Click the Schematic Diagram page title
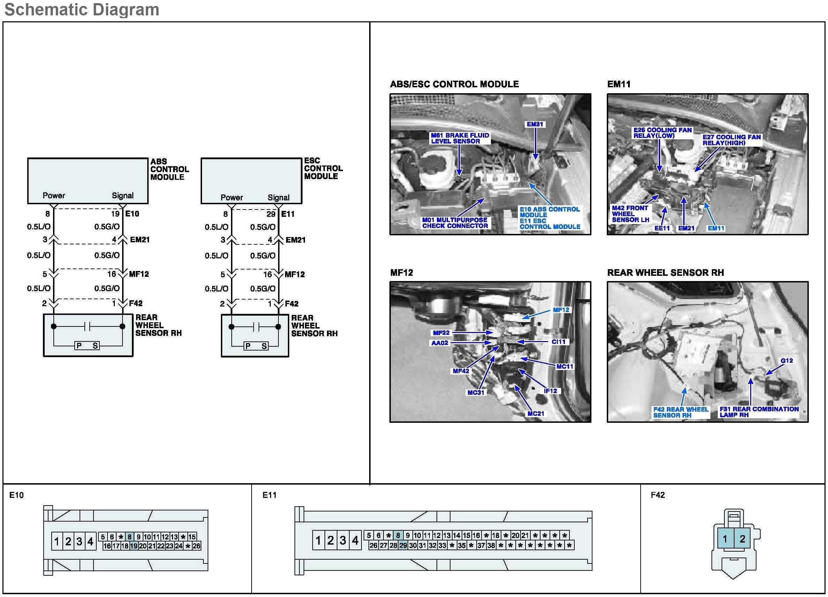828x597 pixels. click(81, 9)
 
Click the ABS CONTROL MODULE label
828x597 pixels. click(169, 169)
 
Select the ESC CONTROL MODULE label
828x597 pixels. click(323, 168)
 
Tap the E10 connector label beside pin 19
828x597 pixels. click(132, 214)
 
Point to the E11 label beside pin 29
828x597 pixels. click(288, 214)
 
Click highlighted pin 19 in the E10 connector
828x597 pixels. click(134, 546)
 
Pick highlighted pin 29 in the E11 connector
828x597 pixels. click(403, 545)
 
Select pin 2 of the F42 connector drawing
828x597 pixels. click(742, 539)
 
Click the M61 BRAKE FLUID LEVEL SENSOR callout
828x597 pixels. click(460, 138)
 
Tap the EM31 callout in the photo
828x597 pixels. click(535, 124)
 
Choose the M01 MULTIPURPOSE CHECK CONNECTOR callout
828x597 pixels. click(455, 223)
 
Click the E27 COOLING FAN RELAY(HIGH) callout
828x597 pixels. click(731, 140)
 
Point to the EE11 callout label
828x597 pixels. click(662, 228)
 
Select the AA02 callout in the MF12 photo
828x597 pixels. click(440, 343)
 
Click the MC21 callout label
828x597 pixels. click(536, 414)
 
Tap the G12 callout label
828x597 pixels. click(786, 361)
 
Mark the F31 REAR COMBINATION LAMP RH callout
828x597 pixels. click(759, 412)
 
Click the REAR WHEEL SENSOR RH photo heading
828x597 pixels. click(665, 273)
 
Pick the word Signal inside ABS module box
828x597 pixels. click(123, 196)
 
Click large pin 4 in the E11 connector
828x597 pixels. click(355, 540)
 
